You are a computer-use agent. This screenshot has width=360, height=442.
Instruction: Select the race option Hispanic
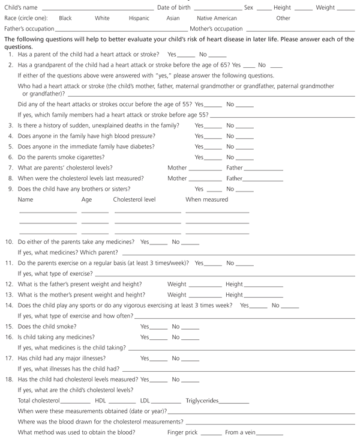click(x=139, y=19)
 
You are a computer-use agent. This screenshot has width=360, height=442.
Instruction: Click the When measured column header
click(x=206, y=199)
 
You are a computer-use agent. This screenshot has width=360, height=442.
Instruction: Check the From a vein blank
click(x=269, y=434)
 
